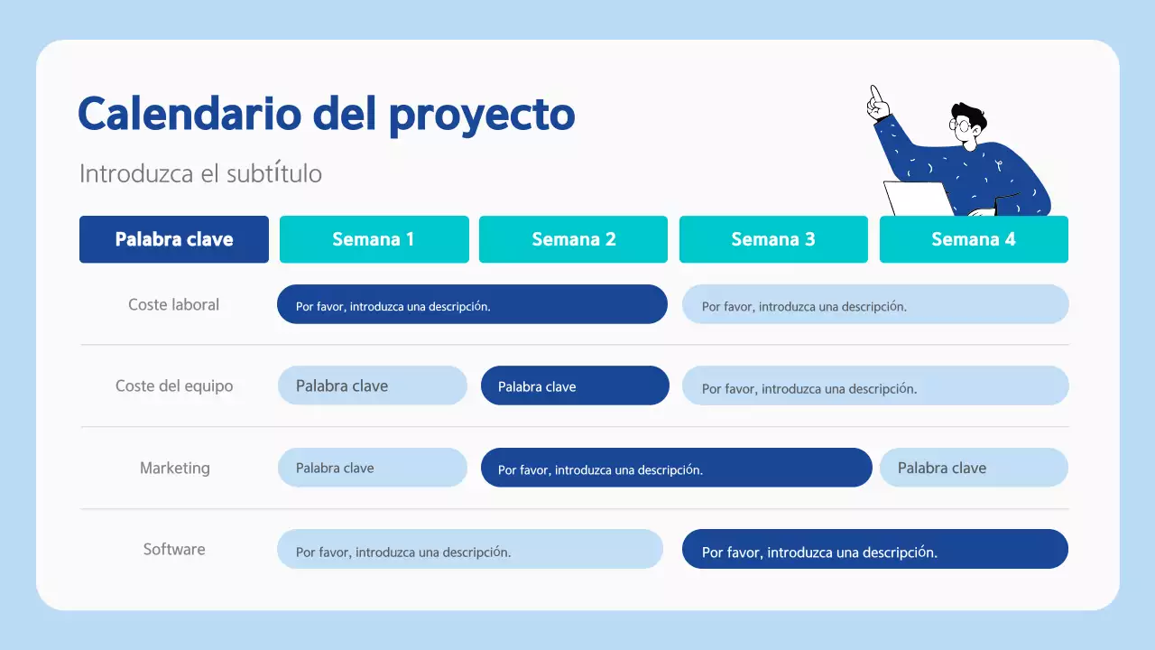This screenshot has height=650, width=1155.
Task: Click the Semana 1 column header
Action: (x=374, y=239)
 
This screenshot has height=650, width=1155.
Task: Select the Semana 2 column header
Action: (x=573, y=239)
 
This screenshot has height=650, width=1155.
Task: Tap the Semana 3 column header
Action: (x=773, y=239)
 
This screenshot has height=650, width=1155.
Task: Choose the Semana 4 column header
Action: (x=974, y=239)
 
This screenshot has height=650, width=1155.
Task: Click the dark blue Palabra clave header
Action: (x=174, y=239)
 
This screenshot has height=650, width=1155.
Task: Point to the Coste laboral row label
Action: (x=173, y=305)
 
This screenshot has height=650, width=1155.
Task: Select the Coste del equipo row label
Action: (x=174, y=386)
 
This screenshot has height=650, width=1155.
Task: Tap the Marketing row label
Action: (x=174, y=468)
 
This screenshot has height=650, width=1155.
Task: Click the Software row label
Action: (x=174, y=549)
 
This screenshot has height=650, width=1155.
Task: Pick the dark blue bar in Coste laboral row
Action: (x=472, y=304)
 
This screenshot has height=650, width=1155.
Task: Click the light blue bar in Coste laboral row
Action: (x=875, y=304)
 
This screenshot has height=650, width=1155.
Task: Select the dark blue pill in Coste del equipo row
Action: (x=575, y=385)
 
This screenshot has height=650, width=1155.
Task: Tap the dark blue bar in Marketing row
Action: (x=676, y=468)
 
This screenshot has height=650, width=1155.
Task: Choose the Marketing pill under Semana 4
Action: (x=974, y=468)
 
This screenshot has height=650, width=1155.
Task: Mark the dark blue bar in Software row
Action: (x=874, y=549)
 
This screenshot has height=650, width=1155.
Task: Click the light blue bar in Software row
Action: (x=470, y=549)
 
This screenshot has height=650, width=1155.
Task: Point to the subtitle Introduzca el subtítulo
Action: (x=200, y=173)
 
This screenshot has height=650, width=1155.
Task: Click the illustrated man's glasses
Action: (x=963, y=125)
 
